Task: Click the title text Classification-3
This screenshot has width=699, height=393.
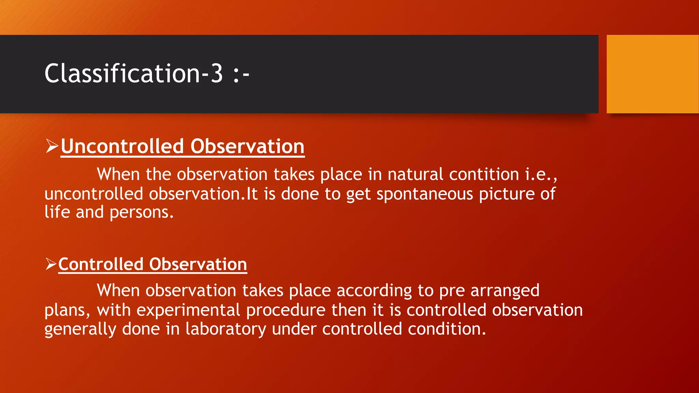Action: point(133,73)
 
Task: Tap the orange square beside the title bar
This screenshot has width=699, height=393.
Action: point(652,74)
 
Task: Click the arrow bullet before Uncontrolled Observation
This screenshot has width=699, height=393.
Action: point(52,146)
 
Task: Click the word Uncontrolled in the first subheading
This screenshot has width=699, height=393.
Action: point(122,146)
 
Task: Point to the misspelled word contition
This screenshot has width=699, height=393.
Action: point(484,174)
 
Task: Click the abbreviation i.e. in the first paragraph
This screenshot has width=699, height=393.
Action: point(540,174)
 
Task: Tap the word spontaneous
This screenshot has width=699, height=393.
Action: point(425,194)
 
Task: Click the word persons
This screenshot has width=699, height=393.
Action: point(141,212)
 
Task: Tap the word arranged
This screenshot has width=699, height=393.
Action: point(505,291)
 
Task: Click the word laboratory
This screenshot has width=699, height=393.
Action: point(226,329)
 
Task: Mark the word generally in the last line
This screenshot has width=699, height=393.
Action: point(80,329)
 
